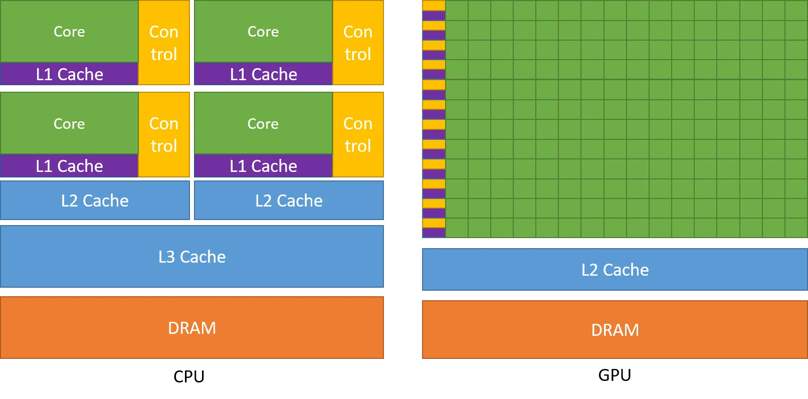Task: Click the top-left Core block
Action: click(x=69, y=31)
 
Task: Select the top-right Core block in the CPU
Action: click(x=263, y=31)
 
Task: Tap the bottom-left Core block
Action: click(x=69, y=123)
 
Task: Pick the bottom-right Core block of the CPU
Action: click(x=263, y=123)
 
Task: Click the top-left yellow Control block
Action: click(x=164, y=43)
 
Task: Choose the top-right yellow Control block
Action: click(x=358, y=43)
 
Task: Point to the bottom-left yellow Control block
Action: click(x=164, y=134)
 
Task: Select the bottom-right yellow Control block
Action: click(x=358, y=134)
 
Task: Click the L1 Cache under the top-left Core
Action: click(x=69, y=74)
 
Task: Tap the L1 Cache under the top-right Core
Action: click(x=263, y=74)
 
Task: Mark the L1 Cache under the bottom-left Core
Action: click(x=69, y=166)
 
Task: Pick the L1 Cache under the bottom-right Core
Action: click(x=263, y=166)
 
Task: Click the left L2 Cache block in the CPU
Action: click(x=95, y=201)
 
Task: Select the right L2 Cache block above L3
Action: click(x=289, y=201)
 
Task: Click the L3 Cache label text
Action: click(x=192, y=257)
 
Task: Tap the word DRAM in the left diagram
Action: click(x=192, y=328)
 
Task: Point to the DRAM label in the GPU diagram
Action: click(x=615, y=330)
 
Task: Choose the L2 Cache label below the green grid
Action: click(x=615, y=270)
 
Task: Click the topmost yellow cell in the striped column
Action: click(x=434, y=6)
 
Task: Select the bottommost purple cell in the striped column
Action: click(x=434, y=233)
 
